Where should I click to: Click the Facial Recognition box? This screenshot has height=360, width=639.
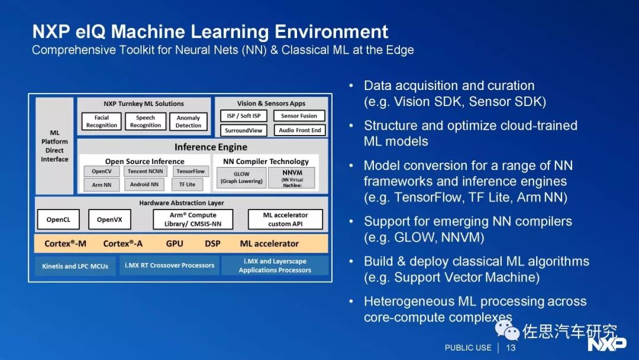click(102, 121)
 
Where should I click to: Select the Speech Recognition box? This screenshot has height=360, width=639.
click(146, 121)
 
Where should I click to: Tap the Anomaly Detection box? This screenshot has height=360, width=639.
click(189, 121)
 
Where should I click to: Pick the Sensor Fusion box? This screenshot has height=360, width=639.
click(299, 116)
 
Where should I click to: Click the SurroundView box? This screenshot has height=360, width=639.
click(244, 130)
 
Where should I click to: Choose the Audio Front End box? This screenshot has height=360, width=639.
click(300, 130)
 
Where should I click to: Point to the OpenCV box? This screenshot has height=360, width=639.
click(101, 171)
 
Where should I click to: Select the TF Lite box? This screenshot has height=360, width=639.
click(187, 184)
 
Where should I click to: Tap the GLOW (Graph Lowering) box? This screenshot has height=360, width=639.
click(241, 178)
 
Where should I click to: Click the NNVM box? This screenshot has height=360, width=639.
click(291, 178)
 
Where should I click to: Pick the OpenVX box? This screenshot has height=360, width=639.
click(109, 220)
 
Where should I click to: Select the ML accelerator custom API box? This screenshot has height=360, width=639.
click(285, 219)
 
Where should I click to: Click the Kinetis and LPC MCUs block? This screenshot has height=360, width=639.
click(75, 266)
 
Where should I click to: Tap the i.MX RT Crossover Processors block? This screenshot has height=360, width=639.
click(170, 265)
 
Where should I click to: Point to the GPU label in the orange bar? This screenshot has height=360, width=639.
click(175, 243)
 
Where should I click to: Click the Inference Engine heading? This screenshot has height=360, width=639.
click(211, 147)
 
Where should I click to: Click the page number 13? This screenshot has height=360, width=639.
click(511, 348)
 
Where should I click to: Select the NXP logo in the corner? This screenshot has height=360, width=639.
click(606, 343)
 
